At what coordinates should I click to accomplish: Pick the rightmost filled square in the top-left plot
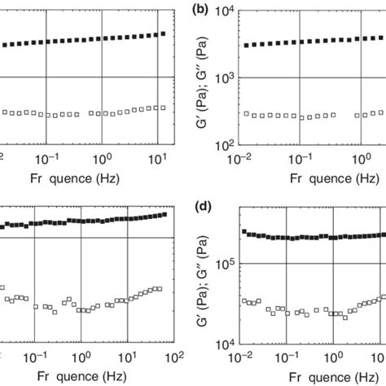click(x=163, y=34)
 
